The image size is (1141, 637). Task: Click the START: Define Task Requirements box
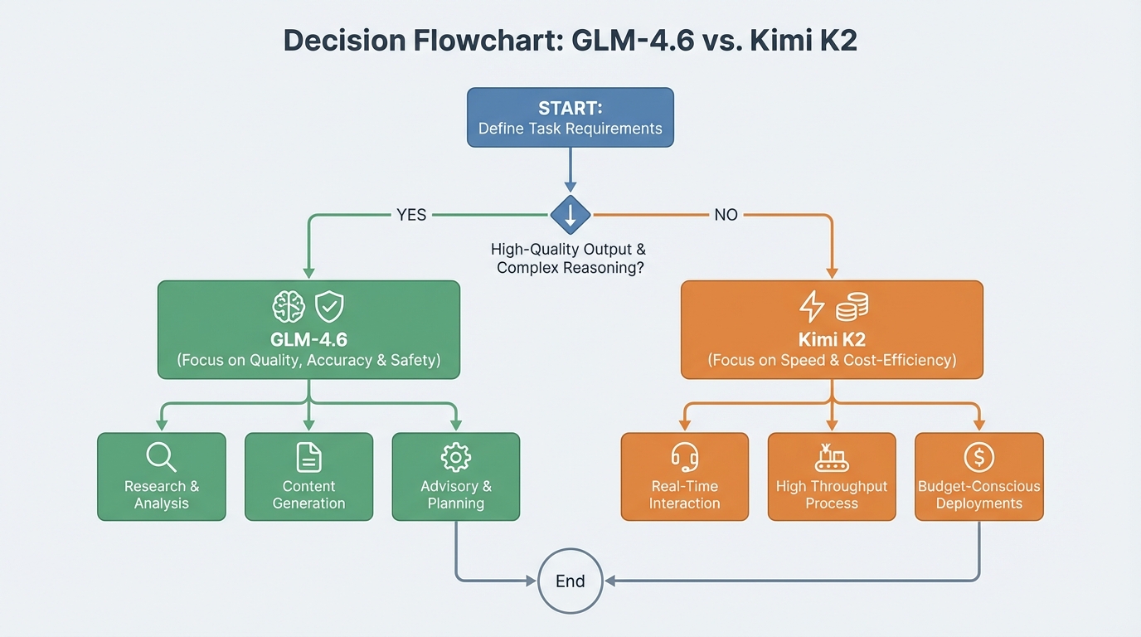(570, 118)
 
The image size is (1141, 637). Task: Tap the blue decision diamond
(570, 216)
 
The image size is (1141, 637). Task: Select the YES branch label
(411, 216)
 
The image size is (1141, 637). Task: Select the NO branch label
(726, 216)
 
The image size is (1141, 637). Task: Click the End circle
(570, 581)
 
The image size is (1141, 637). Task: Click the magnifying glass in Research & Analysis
(161, 457)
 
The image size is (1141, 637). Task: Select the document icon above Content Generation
(308, 457)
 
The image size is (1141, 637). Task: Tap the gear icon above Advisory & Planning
(455, 457)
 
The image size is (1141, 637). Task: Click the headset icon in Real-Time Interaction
(684, 457)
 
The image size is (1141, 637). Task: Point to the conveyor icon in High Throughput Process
(831, 457)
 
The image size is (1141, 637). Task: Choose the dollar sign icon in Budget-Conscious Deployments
(978, 457)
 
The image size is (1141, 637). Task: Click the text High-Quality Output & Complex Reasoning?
(569, 259)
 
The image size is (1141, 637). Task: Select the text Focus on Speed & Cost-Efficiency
(832, 361)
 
